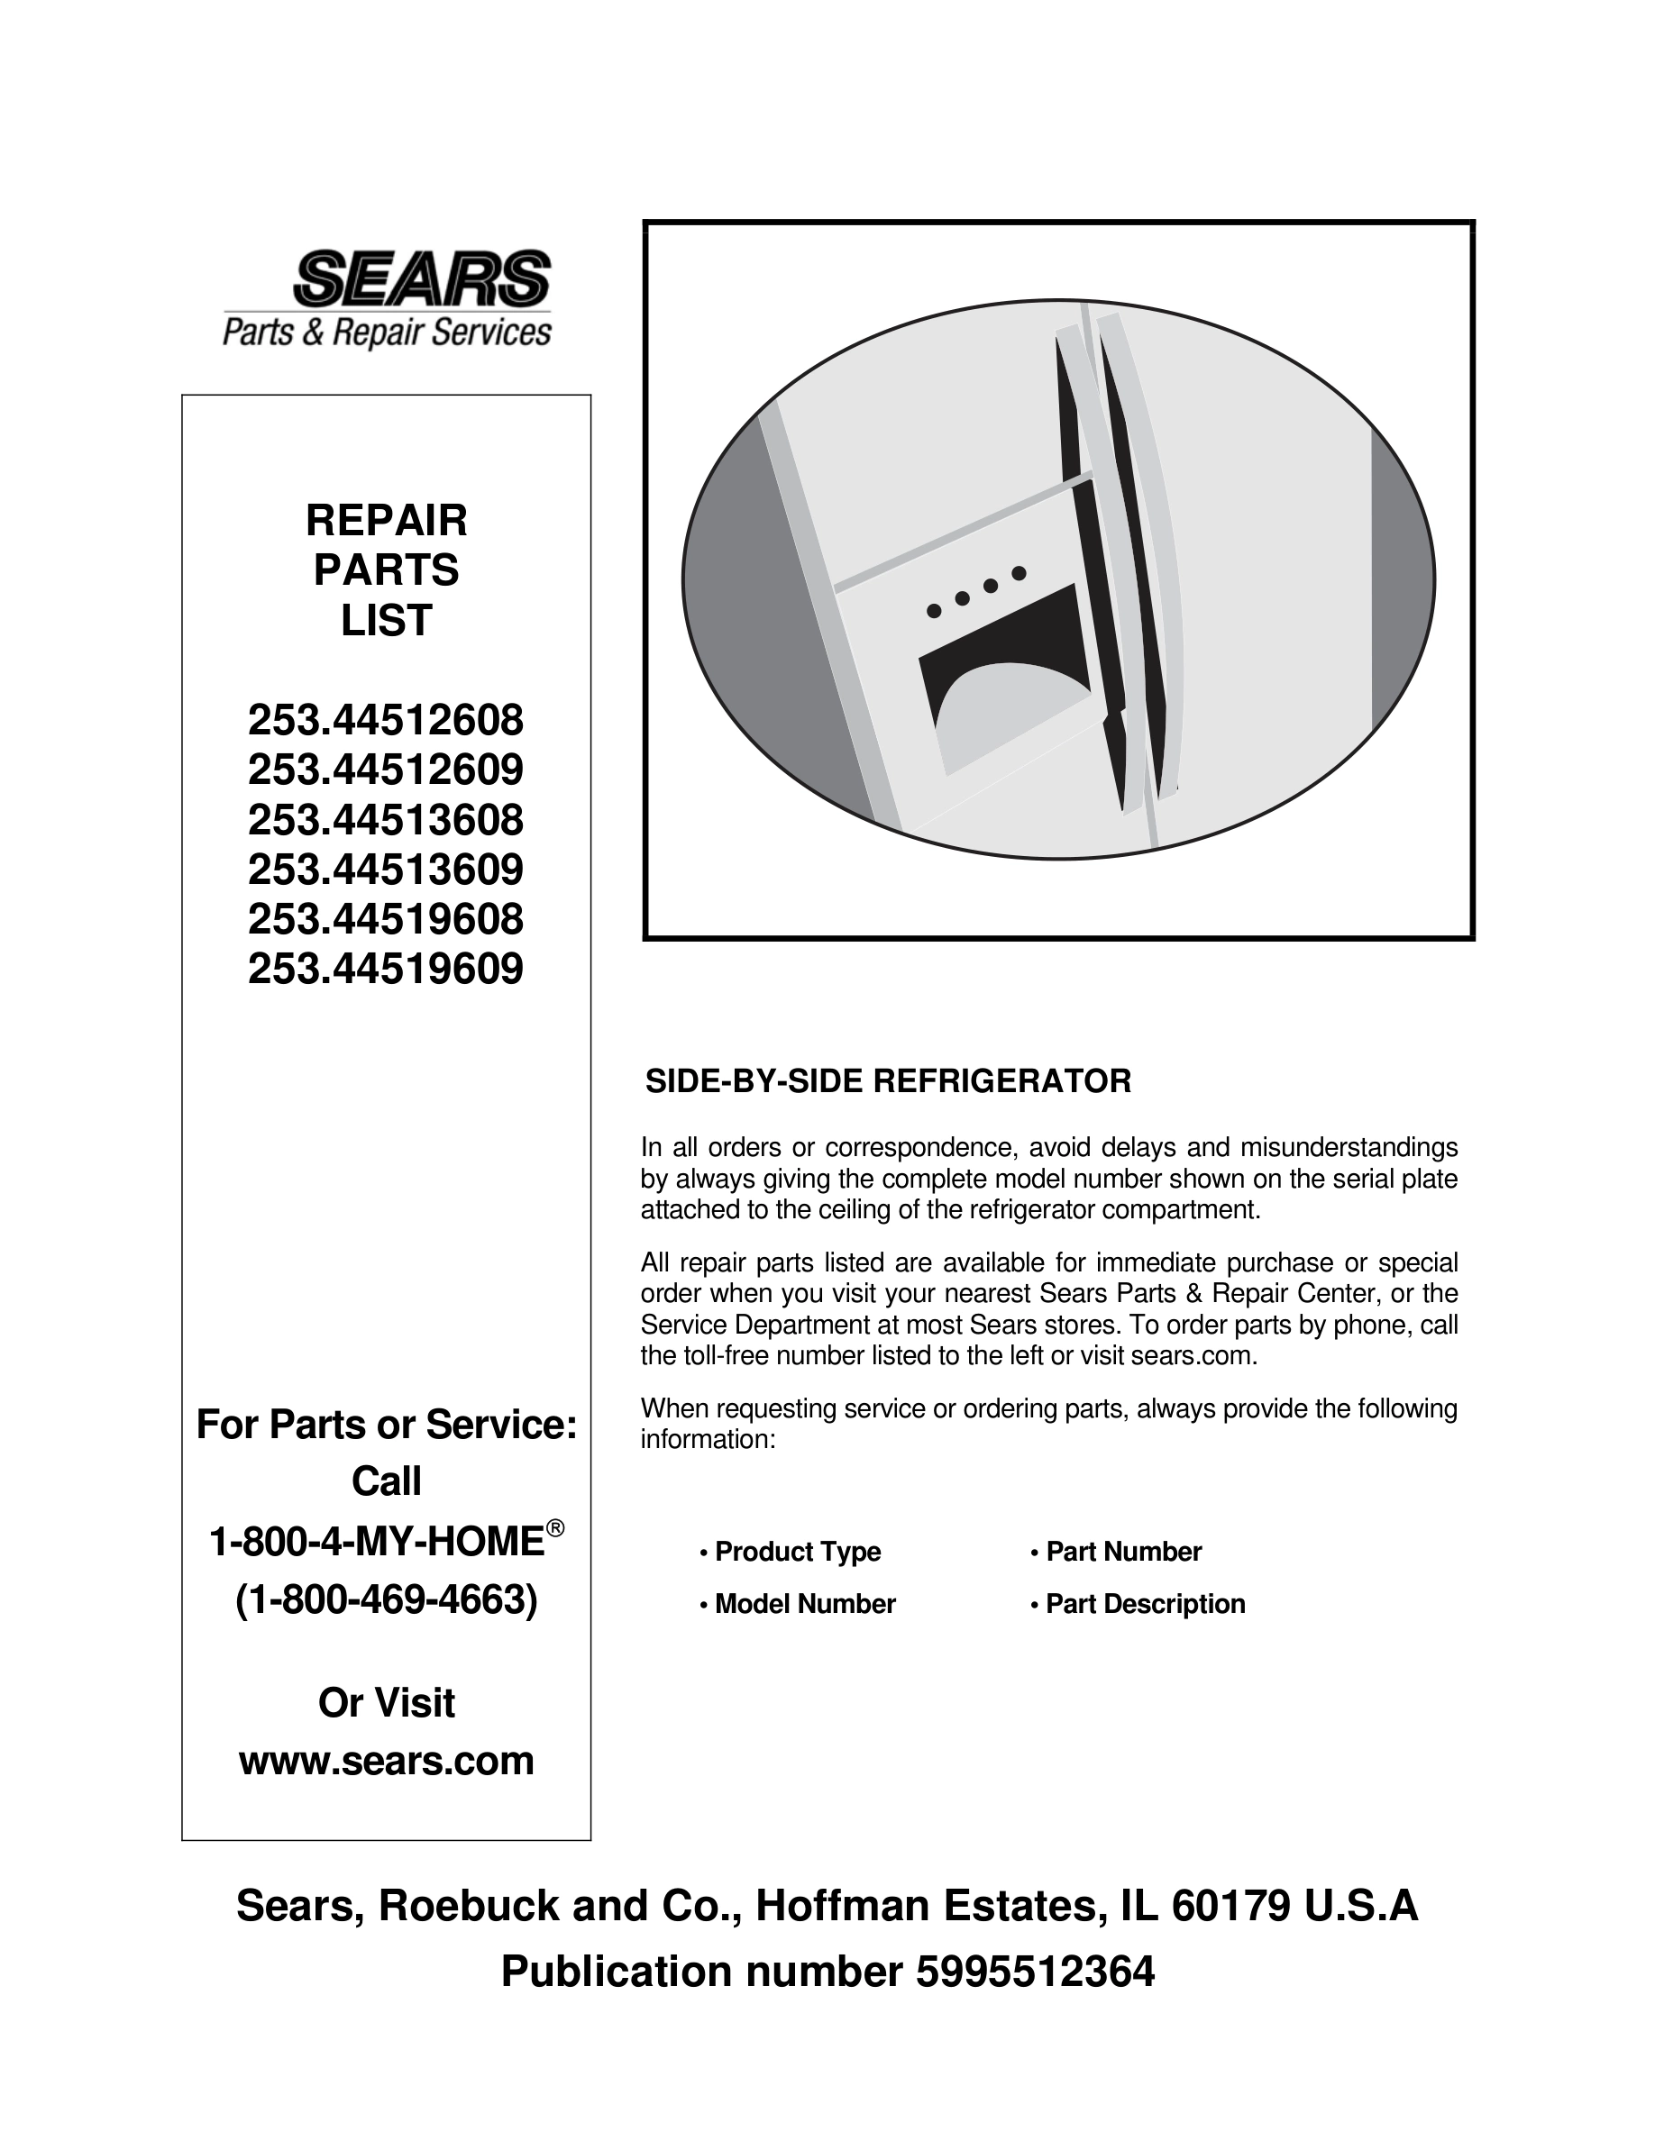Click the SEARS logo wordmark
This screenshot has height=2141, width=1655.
pos(422,278)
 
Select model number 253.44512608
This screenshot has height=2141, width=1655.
pos(385,722)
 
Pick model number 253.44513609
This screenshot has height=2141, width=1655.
pos(385,870)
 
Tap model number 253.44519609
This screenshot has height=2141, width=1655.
pos(385,970)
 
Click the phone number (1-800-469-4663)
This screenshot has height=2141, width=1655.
pos(387,1599)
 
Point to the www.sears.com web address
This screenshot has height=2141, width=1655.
pos(387,1761)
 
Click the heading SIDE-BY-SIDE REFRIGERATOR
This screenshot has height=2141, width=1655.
pos(887,1081)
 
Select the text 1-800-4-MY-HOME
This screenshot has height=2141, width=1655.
pos(377,1542)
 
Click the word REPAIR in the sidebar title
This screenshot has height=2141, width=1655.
pos(387,521)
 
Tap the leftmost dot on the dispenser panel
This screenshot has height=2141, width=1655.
pos(933,611)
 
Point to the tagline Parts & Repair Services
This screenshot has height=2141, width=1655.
pos(387,333)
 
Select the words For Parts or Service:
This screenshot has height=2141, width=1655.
pos(387,1425)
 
